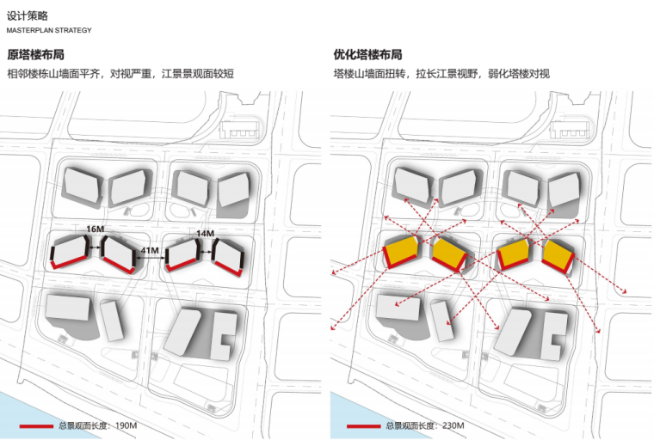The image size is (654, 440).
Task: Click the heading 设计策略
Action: [27, 15]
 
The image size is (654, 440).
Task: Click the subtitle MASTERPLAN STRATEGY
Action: [49, 31]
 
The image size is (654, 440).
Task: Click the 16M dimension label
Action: [96, 229]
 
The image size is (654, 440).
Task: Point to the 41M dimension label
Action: [149, 252]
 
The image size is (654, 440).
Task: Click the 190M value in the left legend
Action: [126, 426]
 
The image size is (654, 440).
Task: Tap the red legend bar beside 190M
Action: [35, 426]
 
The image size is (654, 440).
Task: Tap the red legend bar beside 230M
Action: [362, 426]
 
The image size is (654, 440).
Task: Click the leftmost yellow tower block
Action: [401, 252]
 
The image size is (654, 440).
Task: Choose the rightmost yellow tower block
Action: [560, 254]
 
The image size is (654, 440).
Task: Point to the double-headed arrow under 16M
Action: [96, 240]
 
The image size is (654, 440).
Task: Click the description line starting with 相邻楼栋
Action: [120, 75]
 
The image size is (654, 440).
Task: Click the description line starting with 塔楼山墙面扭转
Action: [441, 75]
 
